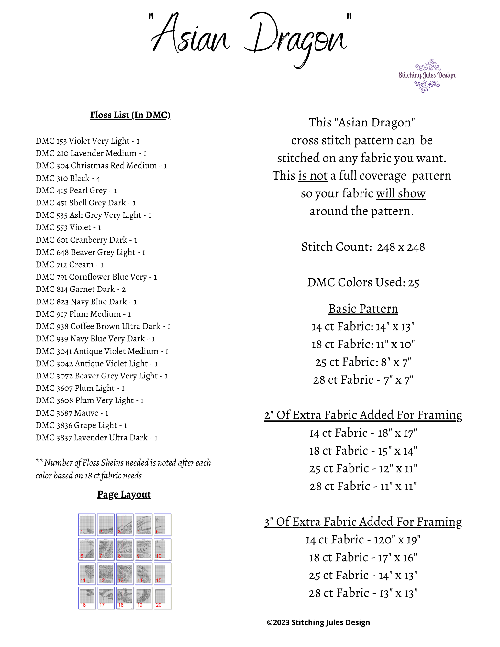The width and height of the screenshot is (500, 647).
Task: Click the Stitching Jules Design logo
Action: pos(427,76)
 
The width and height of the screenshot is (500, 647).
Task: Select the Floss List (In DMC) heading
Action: pos(130,115)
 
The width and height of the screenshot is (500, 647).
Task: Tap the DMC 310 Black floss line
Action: pos(68,178)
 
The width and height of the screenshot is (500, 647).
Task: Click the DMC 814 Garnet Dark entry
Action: pos(81,289)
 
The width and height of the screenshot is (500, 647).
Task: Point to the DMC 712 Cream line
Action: pos(70,265)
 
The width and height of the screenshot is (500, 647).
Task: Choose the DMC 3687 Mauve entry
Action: pos(72,413)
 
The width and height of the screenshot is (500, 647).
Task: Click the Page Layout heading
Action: pos(124,494)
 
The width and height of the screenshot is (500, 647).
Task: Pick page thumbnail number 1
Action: pos(87,525)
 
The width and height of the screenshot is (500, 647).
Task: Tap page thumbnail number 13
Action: pos(125,574)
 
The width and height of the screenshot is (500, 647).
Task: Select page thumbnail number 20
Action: pos(162,598)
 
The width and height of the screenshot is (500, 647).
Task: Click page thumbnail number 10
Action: pos(162,549)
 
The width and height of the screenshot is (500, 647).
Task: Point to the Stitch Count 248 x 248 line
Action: pos(363,247)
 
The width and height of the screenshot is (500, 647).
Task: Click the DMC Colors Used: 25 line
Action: pos(363,282)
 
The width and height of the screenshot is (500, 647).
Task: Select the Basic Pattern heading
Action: pos(363,309)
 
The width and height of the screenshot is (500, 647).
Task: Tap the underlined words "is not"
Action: pos(313,176)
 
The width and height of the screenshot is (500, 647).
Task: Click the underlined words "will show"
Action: pos(401,193)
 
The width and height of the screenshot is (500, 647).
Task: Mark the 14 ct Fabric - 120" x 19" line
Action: pos(363,540)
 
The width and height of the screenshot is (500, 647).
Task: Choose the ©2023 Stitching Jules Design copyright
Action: pos(318,622)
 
